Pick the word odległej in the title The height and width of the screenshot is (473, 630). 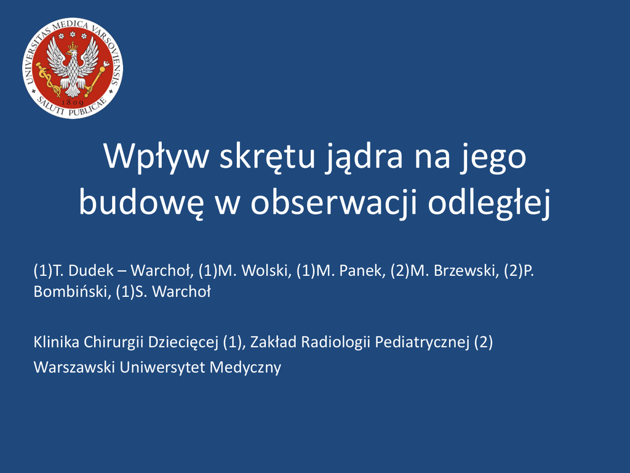[x=489, y=203]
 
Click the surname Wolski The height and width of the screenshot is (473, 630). [x=266, y=271]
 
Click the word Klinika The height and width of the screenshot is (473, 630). [x=56, y=342]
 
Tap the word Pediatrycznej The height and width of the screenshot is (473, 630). [x=422, y=342]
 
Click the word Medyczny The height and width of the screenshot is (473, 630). [x=245, y=368]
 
